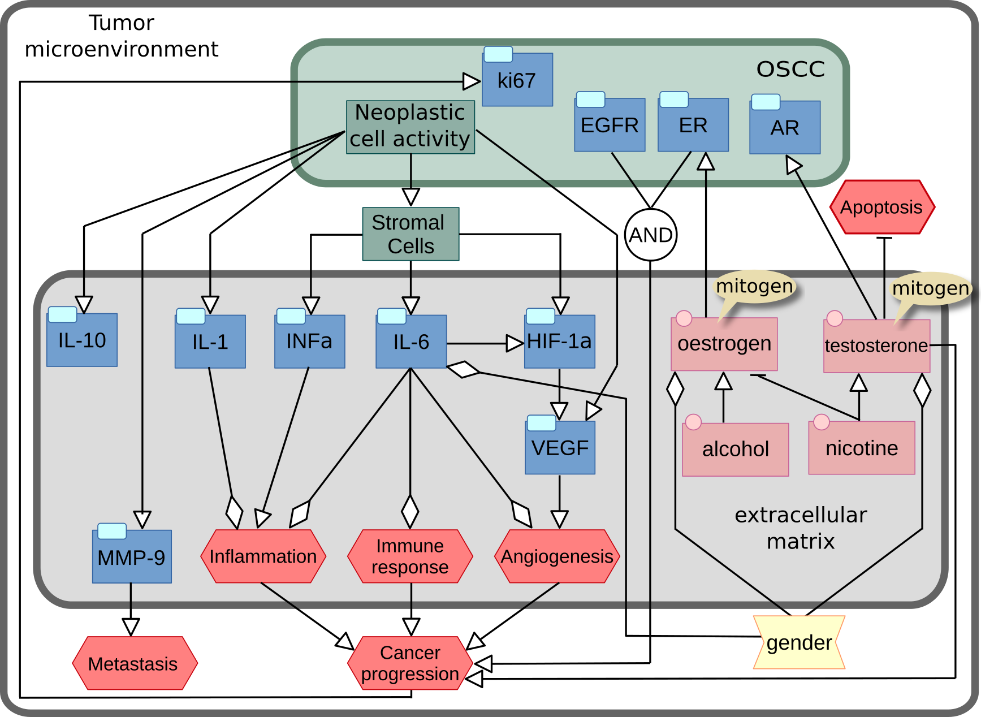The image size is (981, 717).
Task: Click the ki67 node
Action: pos(517,80)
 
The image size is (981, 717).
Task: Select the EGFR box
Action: pos(610,125)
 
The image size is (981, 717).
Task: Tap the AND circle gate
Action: pos(651,235)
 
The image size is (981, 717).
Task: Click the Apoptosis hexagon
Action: pos(881,207)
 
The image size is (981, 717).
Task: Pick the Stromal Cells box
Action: pos(410,234)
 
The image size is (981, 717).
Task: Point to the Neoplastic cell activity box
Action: pos(410,127)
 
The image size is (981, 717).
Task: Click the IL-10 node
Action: pos(82,340)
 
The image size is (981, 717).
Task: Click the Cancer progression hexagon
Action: pos(410,663)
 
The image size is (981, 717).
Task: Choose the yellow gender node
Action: pos(799,642)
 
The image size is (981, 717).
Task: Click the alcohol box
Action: pos(735,450)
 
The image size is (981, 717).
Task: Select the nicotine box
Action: pos(861,448)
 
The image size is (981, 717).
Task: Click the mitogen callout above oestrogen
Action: pos(754,286)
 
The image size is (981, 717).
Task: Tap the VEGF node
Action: pos(560,448)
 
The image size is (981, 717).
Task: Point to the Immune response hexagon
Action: pos(410,556)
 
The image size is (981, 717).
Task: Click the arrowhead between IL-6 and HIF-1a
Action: pos(515,343)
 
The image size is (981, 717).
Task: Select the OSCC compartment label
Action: pos(790,69)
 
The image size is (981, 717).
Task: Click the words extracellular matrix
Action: pos(800,528)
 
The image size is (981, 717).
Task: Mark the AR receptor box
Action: pos(784,128)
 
